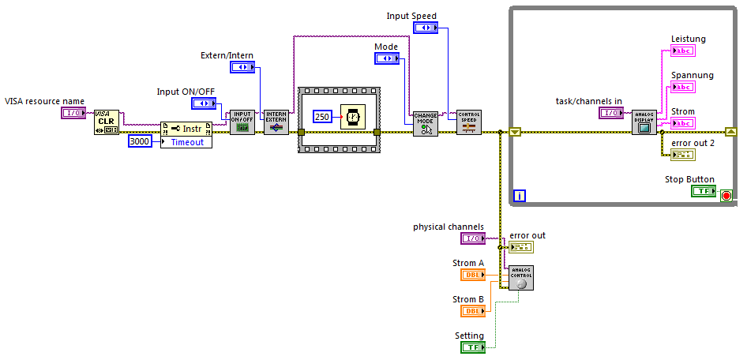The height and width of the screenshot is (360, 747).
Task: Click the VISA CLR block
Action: [107, 122]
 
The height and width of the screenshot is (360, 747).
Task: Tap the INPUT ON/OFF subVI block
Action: [242, 122]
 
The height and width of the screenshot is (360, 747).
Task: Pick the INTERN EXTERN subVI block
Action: [276, 122]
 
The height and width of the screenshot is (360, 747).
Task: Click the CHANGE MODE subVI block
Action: [425, 124]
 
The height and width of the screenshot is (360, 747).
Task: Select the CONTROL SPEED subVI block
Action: [468, 122]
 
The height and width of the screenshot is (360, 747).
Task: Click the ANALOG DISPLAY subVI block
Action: [644, 122]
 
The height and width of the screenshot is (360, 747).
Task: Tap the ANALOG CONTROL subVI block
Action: [520, 278]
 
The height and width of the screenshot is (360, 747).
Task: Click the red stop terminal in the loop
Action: [726, 194]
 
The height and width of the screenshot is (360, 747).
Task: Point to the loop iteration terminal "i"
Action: [519, 195]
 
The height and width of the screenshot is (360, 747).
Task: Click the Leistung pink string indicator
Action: [682, 51]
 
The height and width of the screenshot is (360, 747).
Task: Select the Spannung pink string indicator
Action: [682, 88]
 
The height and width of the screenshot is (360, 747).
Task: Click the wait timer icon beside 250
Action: [352, 117]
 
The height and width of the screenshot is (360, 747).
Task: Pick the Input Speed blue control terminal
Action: [426, 28]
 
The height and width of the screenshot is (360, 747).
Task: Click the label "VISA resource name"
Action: [45, 101]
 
